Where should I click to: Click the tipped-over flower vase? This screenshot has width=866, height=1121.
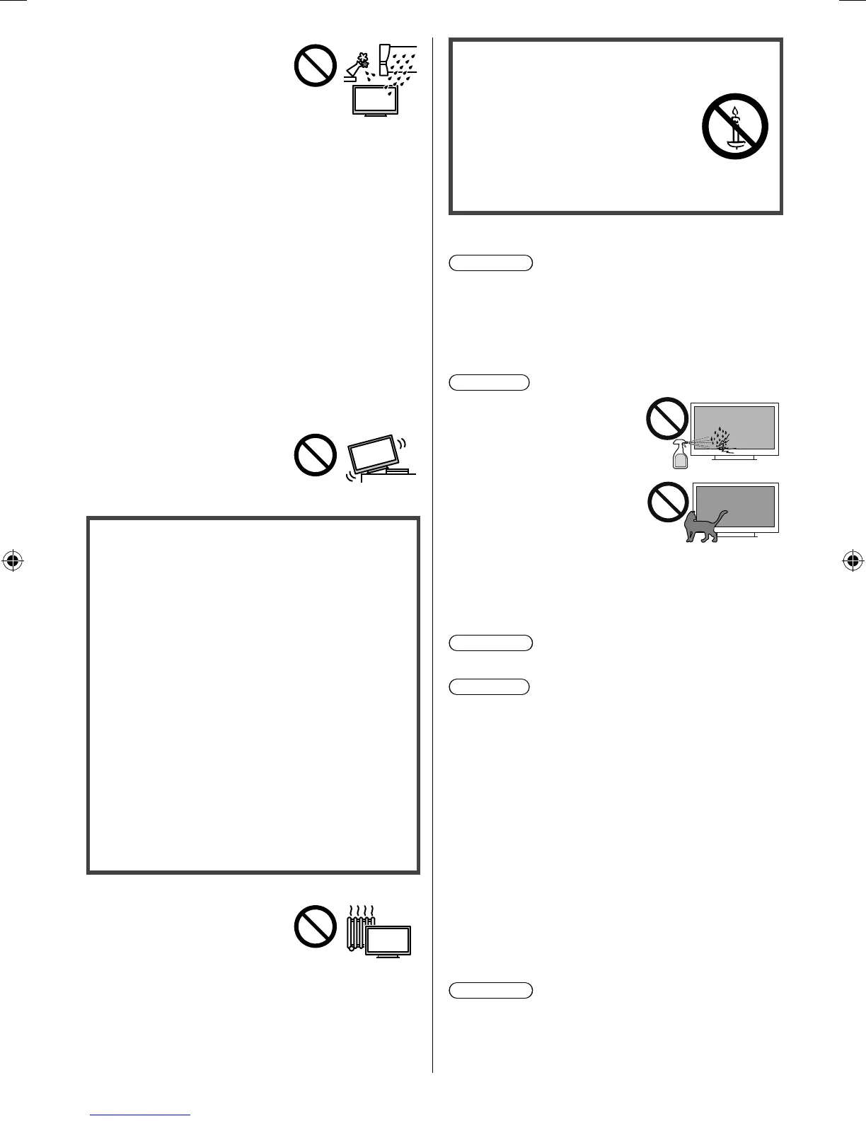coord(359,63)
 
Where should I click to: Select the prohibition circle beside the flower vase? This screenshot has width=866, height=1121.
coord(315,66)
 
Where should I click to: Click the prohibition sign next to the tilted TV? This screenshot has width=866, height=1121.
coord(315,454)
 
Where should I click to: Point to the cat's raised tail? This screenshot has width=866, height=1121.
coord(722,515)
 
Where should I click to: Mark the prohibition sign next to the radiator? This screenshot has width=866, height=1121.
coord(315,926)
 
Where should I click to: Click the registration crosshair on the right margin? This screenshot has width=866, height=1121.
coord(853,561)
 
